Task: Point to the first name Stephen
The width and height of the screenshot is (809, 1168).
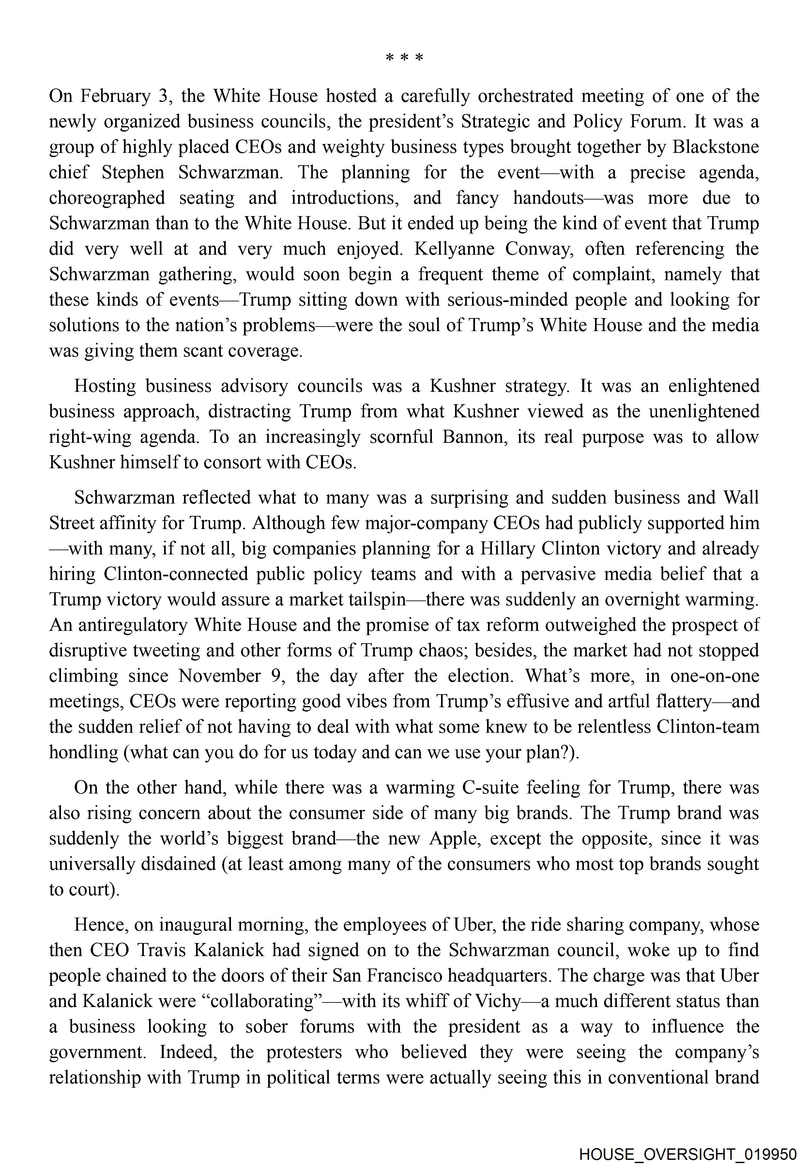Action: tap(133, 172)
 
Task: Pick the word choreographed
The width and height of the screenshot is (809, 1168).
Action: tap(107, 198)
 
